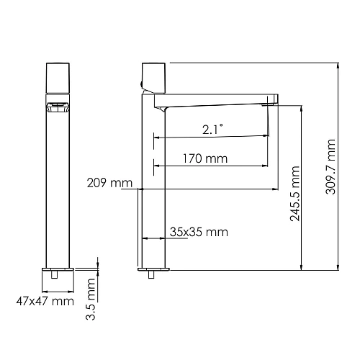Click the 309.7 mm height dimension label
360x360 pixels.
pyautogui.click(x=330, y=163)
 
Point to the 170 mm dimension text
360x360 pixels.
pyautogui.click(x=206, y=158)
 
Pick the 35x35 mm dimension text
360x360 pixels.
pyautogui.click(x=199, y=232)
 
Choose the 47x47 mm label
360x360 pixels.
pyautogui.click(x=45, y=301)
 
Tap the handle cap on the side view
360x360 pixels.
pyautogui.click(x=155, y=76)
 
